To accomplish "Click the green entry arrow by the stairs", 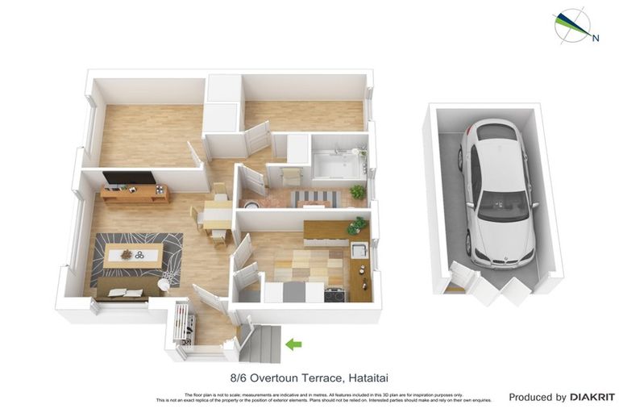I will click(293, 345).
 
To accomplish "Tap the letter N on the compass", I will click(596, 37).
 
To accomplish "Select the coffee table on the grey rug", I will click(132, 257).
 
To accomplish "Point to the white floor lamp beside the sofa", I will click(164, 284).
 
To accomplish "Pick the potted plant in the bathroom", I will click(357, 192).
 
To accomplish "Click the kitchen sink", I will click(359, 250).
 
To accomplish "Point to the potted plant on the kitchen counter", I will click(355, 226).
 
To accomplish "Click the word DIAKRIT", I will click(592, 397).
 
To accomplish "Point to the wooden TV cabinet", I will click(135, 194).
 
